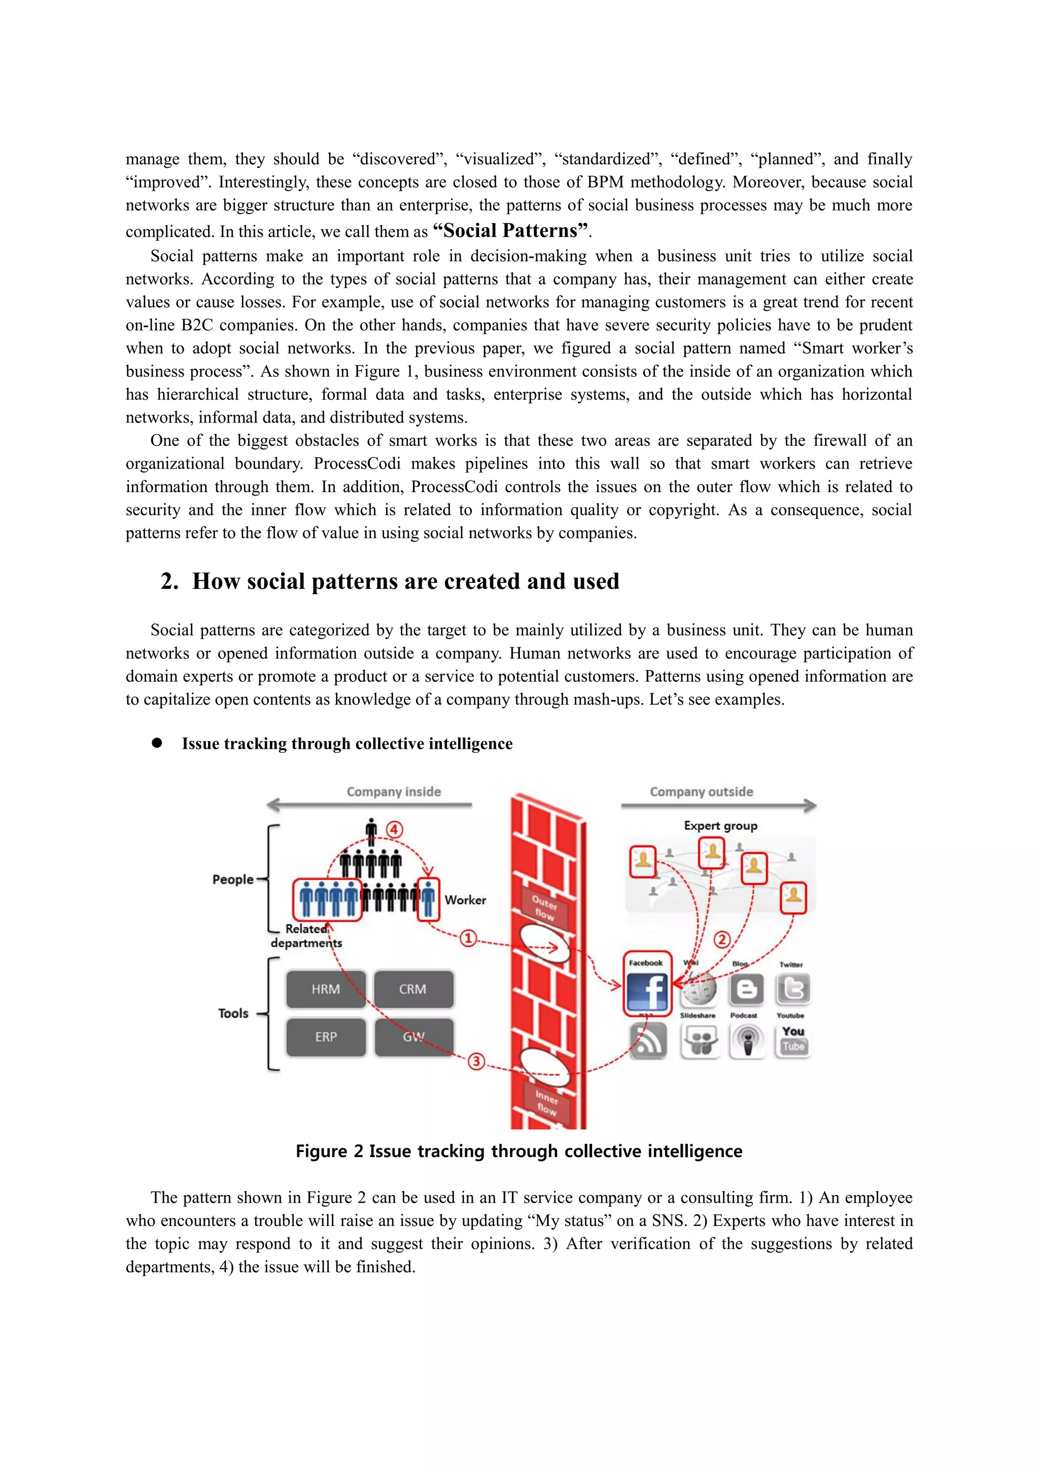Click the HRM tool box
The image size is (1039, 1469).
(x=326, y=989)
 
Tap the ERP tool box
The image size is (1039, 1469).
(x=326, y=1037)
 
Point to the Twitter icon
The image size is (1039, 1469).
(x=792, y=989)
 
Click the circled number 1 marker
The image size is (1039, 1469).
(x=468, y=938)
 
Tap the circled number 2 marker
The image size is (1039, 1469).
(x=722, y=939)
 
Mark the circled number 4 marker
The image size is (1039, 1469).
(x=394, y=830)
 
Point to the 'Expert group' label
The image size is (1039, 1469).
(x=720, y=826)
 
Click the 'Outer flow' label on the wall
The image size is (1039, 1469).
(x=544, y=907)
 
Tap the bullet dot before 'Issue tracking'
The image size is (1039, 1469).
(x=157, y=743)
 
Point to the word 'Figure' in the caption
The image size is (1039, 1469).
(x=321, y=1151)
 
